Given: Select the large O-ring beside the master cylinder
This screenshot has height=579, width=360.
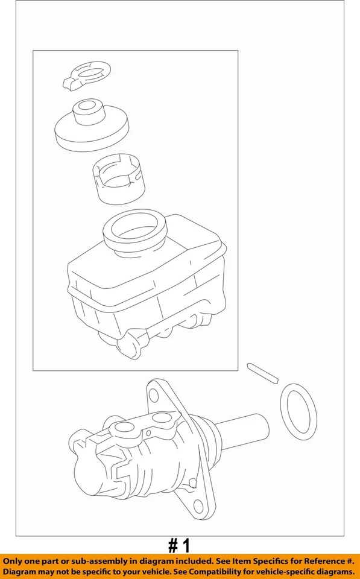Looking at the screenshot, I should click(x=299, y=412).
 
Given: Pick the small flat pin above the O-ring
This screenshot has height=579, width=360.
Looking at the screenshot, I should click(x=262, y=372).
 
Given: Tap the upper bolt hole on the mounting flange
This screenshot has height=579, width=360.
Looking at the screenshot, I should click(x=154, y=396).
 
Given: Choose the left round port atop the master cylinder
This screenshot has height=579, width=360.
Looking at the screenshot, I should click(x=124, y=429).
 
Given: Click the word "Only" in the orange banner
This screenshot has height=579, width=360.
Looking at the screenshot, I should click(x=15, y=560).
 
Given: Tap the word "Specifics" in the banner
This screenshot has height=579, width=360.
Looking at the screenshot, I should click(x=272, y=560).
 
